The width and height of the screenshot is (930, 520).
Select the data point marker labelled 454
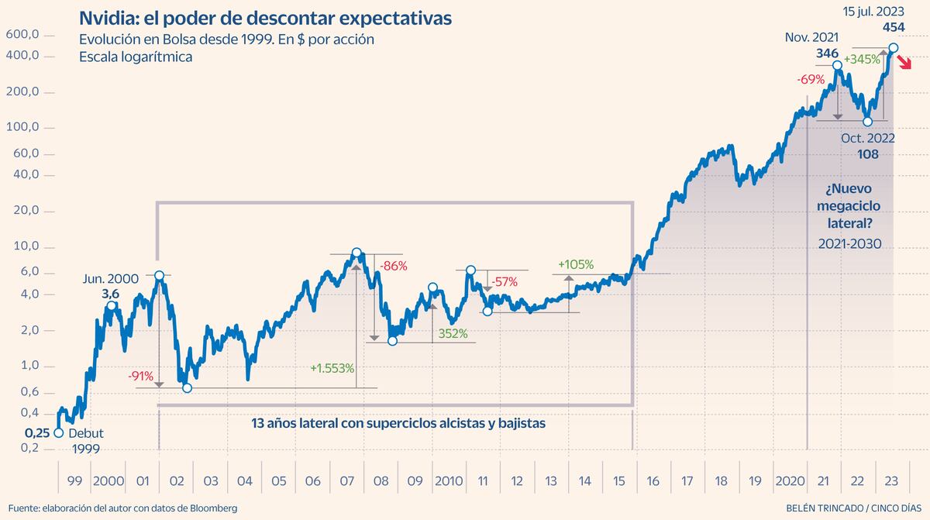click(893, 48)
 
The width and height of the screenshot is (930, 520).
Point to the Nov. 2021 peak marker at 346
click(837, 65)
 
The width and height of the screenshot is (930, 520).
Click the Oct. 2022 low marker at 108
click(867, 121)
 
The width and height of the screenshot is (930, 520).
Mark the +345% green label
click(862, 59)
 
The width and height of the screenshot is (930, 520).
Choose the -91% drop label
click(139, 377)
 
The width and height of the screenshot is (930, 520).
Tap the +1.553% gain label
click(332, 367)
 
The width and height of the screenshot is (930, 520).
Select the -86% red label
click(393, 266)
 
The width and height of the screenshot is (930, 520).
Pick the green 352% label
click(452, 333)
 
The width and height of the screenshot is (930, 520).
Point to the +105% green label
click(575, 265)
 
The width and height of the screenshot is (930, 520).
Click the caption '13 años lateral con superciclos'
click(398, 424)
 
